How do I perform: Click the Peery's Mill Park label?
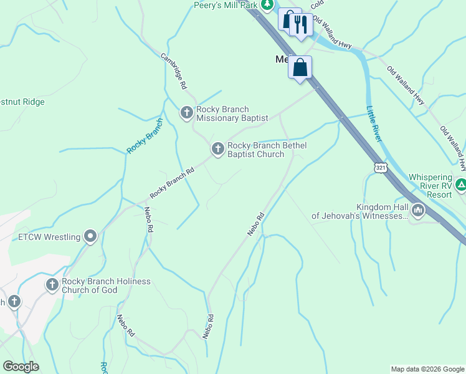click(226, 5)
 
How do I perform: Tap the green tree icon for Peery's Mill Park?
click(267, 5)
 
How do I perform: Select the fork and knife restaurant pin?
click(300, 25)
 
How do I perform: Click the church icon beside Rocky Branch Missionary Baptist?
click(186, 113)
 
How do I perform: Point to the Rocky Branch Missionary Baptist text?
click(232, 113)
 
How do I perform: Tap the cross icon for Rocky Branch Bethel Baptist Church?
click(217, 148)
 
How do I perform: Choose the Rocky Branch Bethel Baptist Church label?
click(267, 150)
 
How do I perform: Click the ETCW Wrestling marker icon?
click(91, 236)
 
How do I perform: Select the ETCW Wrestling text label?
click(49, 237)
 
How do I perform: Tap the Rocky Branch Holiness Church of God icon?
click(52, 285)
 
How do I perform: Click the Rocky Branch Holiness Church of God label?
click(106, 285)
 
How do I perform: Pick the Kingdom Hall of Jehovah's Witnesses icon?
click(417, 211)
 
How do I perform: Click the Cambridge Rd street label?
click(174, 69)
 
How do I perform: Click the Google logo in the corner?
click(21, 367)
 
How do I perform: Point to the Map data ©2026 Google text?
click(427, 369)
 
